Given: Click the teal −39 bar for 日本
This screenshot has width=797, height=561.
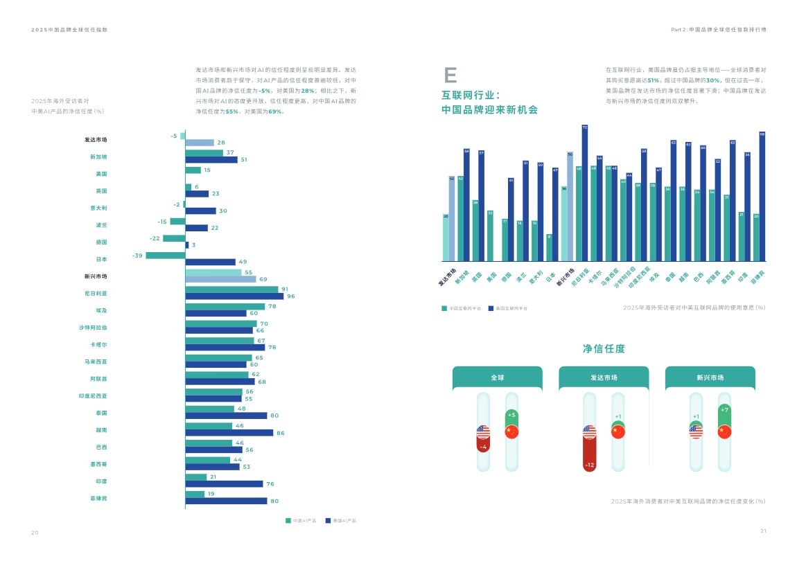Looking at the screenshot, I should point(165,256).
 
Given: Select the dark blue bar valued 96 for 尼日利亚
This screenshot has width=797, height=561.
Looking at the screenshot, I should point(234,296).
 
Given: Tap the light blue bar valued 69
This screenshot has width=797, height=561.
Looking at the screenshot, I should point(220,279).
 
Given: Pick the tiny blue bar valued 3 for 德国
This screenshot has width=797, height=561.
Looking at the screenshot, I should point(187,245).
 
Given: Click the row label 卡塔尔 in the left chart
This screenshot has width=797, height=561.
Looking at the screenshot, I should point(98,344).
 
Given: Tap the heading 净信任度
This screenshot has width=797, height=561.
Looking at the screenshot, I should point(604,349).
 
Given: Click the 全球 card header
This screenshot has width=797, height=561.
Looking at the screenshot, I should point(498,378).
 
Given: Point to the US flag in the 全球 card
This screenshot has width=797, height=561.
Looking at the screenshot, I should point(483,431).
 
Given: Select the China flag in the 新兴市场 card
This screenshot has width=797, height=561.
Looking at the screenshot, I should point(724,431).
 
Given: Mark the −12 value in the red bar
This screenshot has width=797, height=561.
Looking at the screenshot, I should point(590,465).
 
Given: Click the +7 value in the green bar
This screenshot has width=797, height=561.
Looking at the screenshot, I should point(724,410).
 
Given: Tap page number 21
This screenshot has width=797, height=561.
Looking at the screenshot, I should point(763,531).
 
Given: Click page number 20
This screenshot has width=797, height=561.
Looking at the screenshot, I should point(35,532).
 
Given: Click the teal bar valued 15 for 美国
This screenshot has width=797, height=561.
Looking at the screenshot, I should point(193,170).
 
